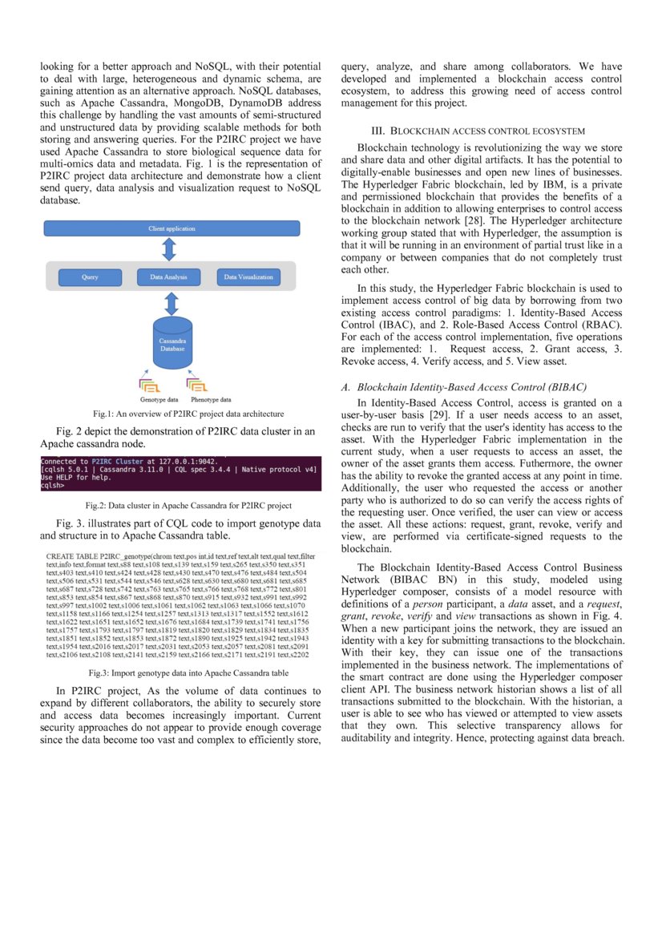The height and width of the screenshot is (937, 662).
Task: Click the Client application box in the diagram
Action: [172, 228]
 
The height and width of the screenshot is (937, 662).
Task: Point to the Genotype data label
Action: [159, 398]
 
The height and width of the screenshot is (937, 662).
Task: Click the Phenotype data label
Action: [211, 398]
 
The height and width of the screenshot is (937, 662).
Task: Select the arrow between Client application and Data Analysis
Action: [169, 248]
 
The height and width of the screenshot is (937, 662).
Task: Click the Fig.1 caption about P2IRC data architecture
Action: [188, 414]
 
